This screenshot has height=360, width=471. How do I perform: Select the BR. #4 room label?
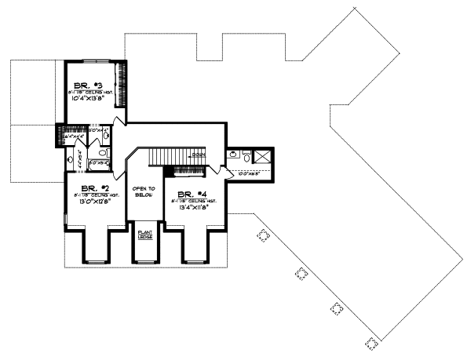(x=191, y=194)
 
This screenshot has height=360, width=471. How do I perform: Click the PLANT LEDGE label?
(x=145, y=235)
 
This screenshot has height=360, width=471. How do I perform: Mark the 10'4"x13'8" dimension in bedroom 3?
(x=92, y=98)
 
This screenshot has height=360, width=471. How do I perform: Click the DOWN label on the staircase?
(x=198, y=155)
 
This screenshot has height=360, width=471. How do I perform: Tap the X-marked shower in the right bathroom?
(x=264, y=158)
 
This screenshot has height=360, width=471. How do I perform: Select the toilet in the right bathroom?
(x=246, y=158)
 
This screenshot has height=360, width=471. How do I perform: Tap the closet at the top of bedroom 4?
(x=188, y=169)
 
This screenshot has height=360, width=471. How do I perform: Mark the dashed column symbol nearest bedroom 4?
(x=263, y=235)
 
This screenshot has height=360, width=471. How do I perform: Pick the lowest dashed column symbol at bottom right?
(x=371, y=343)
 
